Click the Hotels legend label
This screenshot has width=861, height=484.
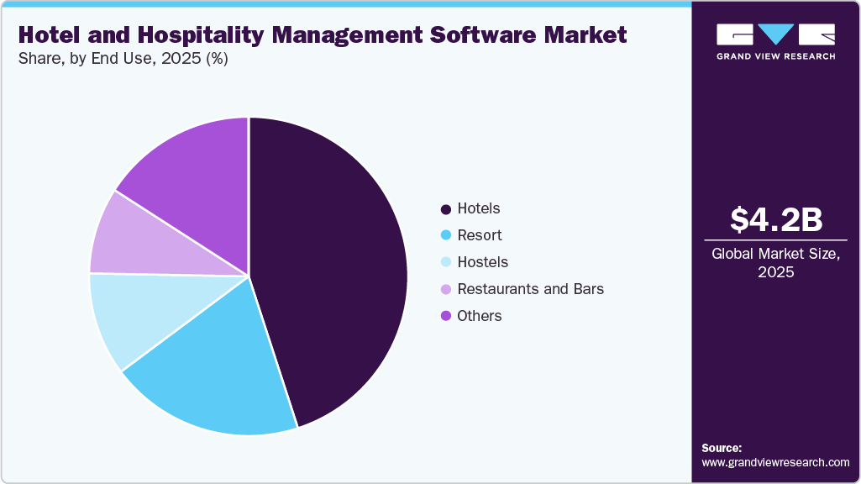(478, 208)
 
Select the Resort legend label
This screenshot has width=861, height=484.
(479, 235)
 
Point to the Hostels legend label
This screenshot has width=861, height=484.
(482, 262)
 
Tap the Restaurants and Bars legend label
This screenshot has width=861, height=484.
(530, 289)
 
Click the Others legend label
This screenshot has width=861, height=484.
(479, 316)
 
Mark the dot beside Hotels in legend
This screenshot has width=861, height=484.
(445, 208)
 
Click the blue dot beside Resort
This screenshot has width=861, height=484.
(445, 235)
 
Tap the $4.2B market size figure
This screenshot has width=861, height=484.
(775, 220)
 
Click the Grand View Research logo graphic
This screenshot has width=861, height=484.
(775, 34)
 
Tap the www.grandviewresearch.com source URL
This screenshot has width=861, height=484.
(775, 462)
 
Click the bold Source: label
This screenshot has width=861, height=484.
(722, 448)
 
